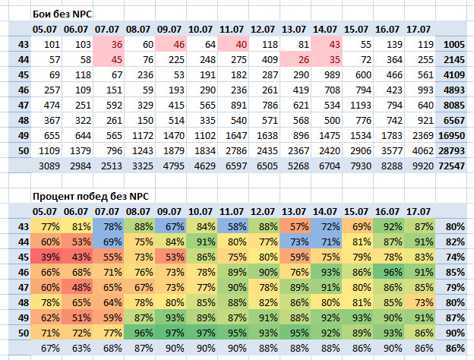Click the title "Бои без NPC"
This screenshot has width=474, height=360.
coord(62,14)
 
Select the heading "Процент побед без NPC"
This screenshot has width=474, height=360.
coord(90,197)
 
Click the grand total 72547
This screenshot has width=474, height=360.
coord(452,166)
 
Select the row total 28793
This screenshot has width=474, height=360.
coord(452,151)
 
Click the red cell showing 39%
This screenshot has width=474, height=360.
coord(46,257)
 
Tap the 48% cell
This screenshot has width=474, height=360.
coord(77,287)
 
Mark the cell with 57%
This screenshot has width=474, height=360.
coord(295,226)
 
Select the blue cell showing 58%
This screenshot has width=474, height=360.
coord(233,226)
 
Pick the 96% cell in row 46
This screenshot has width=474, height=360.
coord(389,273)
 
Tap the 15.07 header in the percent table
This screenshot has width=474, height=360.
coord(355,212)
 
